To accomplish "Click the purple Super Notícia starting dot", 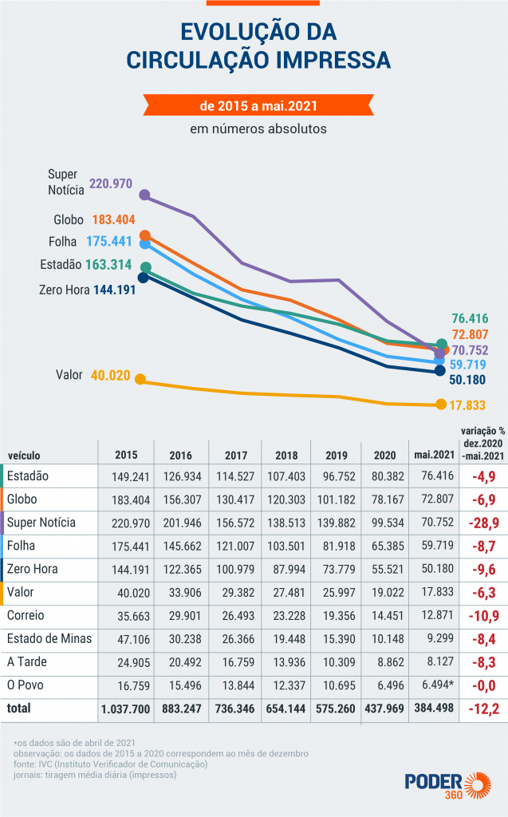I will [144, 194].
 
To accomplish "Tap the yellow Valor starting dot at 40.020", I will [140, 379].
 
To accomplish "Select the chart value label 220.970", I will [111, 184].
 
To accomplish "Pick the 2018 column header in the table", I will [286, 456].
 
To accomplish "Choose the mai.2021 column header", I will [434, 456].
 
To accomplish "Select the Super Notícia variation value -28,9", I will [483, 523].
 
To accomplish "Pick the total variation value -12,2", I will [483, 708].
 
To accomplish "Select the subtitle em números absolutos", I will [258, 128].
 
